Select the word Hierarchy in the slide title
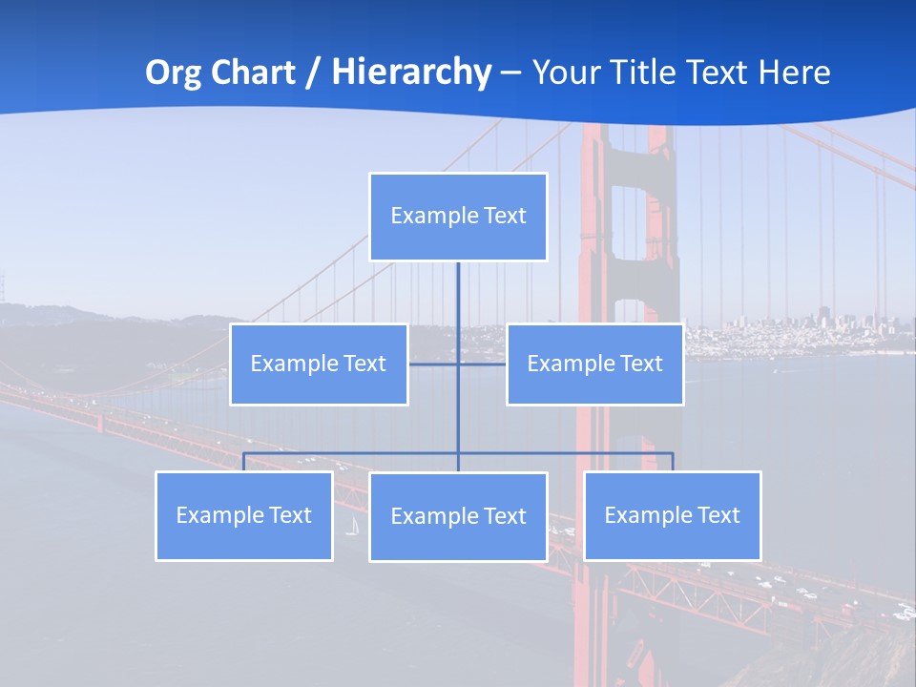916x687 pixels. pyautogui.click(x=411, y=73)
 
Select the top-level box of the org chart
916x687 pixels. pyautogui.click(x=458, y=217)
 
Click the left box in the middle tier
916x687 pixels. pyautogui.click(x=319, y=364)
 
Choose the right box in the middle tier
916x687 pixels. pyautogui.click(x=594, y=364)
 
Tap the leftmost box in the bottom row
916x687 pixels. pyautogui.click(x=244, y=516)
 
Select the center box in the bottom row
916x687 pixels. pyautogui.click(x=458, y=517)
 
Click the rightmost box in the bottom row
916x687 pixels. pyautogui.click(x=673, y=516)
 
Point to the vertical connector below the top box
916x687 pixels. pyautogui.click(x=458, y=305)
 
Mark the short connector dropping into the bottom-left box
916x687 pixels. pyautogui.click(x=244, y=462)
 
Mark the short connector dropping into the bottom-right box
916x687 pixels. pyautogui.click(x=673, y=462)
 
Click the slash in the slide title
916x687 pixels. pyautogui.click(x=313, y=73)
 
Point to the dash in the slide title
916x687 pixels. pyautogui.click(x=510, y=73)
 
